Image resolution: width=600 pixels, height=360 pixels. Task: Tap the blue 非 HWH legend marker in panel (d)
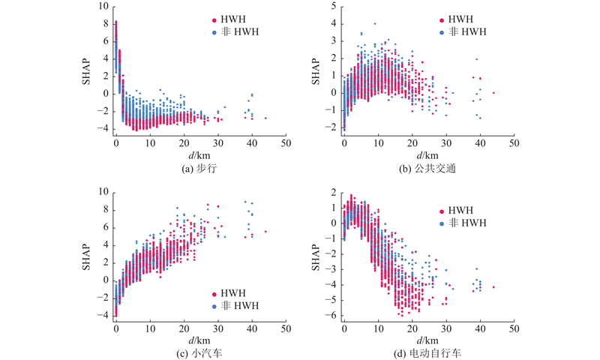[442, 223]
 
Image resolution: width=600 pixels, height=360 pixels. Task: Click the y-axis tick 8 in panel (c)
[105, 210]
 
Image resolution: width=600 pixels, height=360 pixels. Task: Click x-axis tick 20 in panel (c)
[184, 328]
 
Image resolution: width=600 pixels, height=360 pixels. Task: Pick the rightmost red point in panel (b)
[493, 93]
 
